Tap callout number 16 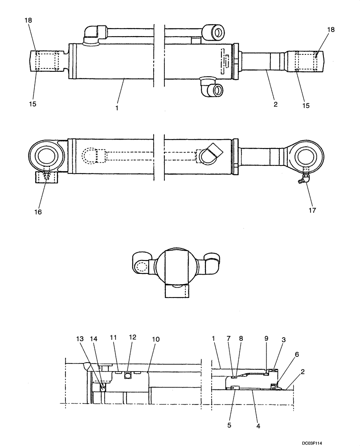[38, 212]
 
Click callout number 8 [241, 339]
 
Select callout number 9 [266, 339]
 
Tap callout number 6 [296, 354]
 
